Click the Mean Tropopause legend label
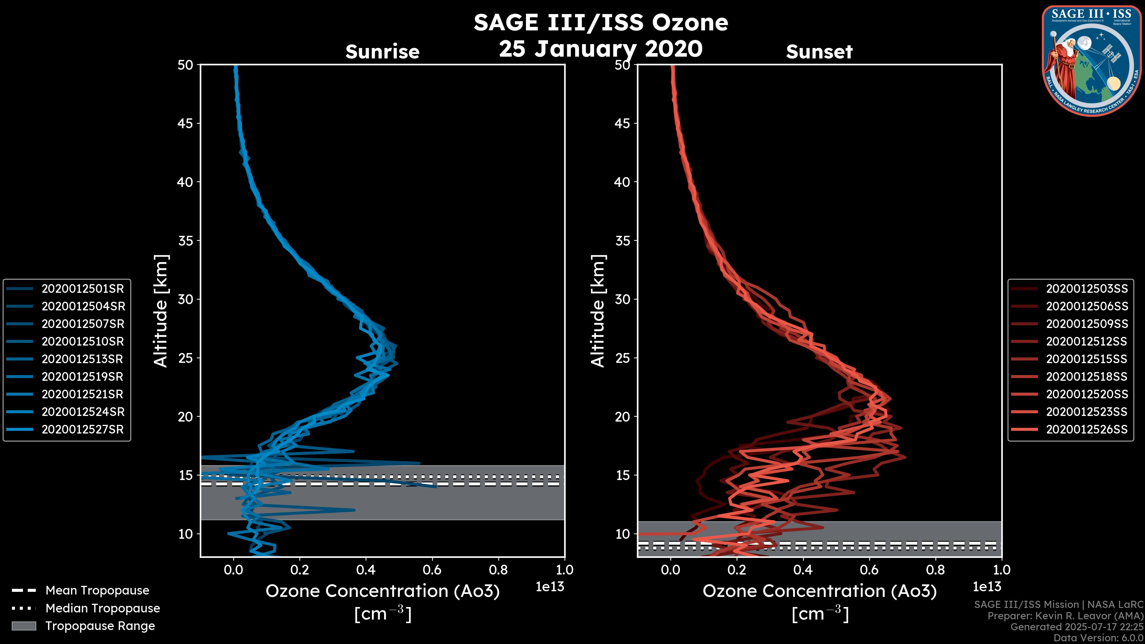point(97,591)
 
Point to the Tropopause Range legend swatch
point(24,626)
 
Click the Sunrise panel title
point(382,52)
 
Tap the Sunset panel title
point(819,52)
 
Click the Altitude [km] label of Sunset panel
point(598,311)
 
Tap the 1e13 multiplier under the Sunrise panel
point(550,587)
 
